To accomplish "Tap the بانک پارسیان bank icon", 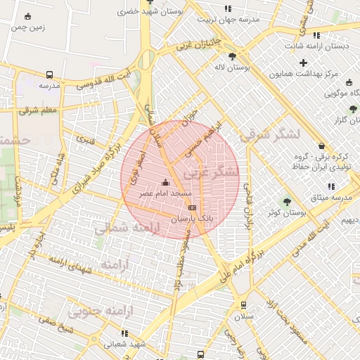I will pos(192,208).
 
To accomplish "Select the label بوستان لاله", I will pos(232,68).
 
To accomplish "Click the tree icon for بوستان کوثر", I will pos(286,202).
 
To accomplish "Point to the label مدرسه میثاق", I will pos(331,198).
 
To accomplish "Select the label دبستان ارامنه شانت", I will pos(318,46).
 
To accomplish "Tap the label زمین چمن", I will pos(27,27).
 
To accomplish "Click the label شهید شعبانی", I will pos(124,345).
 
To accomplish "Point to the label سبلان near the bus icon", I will pos(244,316).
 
